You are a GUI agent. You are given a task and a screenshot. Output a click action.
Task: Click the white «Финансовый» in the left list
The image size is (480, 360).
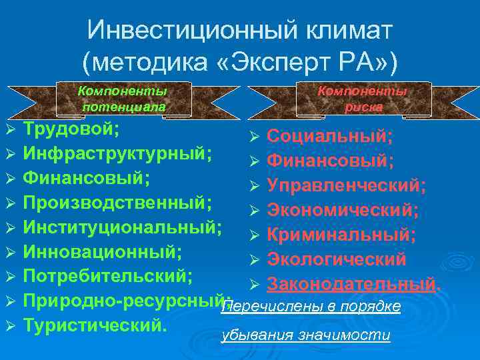[86, 177]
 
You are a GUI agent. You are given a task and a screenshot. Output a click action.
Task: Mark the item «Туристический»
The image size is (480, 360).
[93, 324]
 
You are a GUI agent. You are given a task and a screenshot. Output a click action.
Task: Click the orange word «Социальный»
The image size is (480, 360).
[329, 137]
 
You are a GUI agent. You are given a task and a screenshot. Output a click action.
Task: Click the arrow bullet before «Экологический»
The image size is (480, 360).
[253, 260]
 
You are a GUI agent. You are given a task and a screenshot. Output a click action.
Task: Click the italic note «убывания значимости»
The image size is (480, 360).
[305, 335]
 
